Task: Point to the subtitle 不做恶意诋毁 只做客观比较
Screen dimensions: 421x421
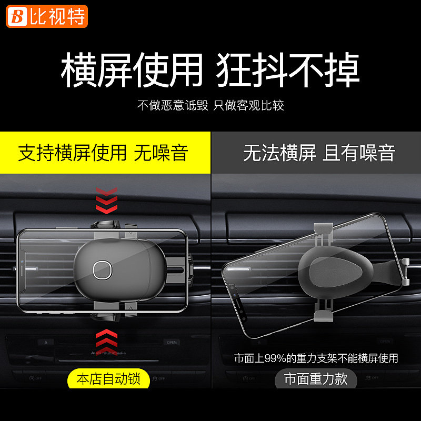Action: point(210,105)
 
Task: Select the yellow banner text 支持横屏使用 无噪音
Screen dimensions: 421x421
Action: point(103,153)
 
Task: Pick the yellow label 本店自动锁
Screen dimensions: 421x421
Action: point(108,378)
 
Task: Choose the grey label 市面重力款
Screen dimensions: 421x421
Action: point(316,378)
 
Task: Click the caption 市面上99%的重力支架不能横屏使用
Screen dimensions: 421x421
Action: point(316,359)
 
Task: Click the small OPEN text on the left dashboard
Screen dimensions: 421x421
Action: point(172,342)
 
